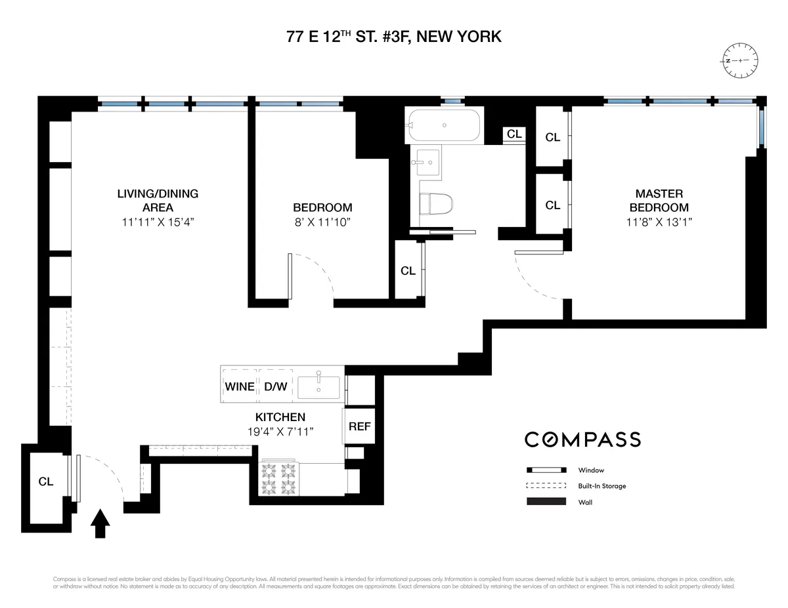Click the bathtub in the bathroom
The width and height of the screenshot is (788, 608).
(444, 125)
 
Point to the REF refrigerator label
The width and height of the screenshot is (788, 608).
(359, 426)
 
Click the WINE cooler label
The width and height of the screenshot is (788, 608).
(240, 387)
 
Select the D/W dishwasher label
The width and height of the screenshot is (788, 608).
(276, 387)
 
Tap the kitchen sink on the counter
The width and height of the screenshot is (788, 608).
(319, 387)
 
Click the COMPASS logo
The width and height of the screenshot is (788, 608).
(582, 439)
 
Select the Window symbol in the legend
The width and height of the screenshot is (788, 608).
(546, 470)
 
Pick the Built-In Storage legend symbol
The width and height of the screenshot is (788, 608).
(546, 486)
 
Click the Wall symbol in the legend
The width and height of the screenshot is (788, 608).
(546, 502)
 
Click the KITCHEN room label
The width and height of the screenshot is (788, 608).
(280, 417)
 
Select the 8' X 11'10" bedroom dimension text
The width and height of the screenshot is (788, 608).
(322, 222)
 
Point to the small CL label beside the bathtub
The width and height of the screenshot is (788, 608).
(514, 134)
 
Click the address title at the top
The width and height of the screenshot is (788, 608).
(394, 37)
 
